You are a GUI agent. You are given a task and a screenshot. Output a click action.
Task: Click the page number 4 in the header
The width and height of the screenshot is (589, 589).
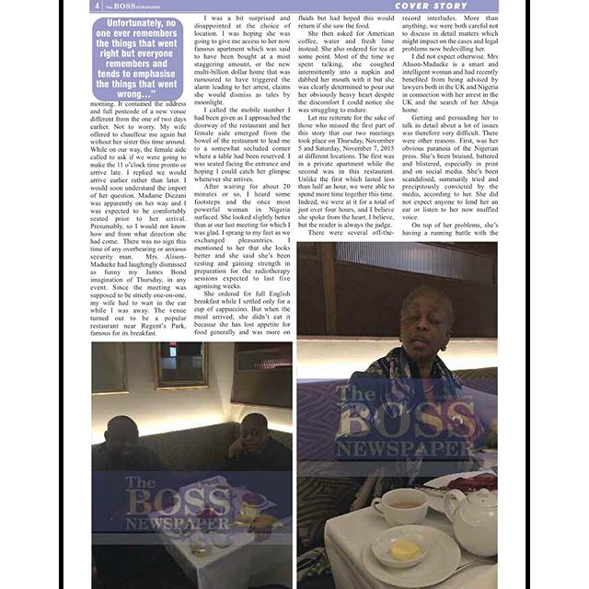point(97,6)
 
